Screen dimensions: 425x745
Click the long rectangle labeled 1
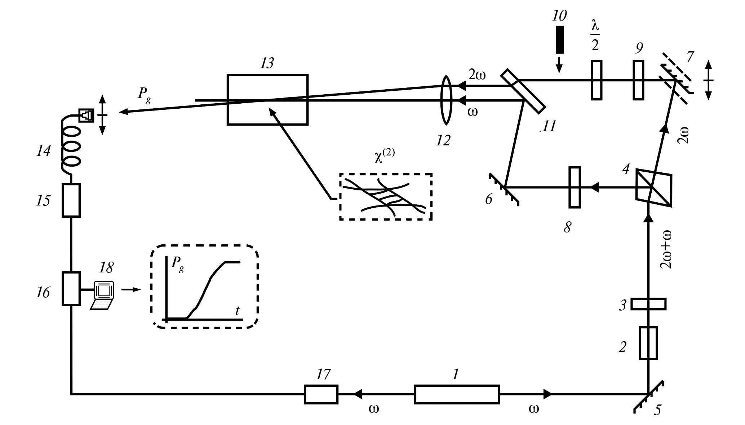[457, 394]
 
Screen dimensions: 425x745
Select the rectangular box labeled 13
[267, 100]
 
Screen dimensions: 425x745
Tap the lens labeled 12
[446, 100]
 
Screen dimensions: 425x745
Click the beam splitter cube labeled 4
[653, 188]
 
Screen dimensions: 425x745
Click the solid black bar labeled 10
[559, 40]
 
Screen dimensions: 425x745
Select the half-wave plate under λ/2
[597, 80]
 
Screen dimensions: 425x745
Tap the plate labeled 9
[638, 80]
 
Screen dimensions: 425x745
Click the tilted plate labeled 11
[523, 91]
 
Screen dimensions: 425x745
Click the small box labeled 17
[321, 394]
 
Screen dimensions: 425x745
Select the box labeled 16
[71, 289]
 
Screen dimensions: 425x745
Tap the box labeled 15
[71, 200]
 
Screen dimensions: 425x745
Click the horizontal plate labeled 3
[648, 304]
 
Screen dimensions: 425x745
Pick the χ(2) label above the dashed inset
[385, 157]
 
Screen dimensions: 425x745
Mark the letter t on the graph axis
[237, 311]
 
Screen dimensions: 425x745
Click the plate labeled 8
[575, 187]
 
